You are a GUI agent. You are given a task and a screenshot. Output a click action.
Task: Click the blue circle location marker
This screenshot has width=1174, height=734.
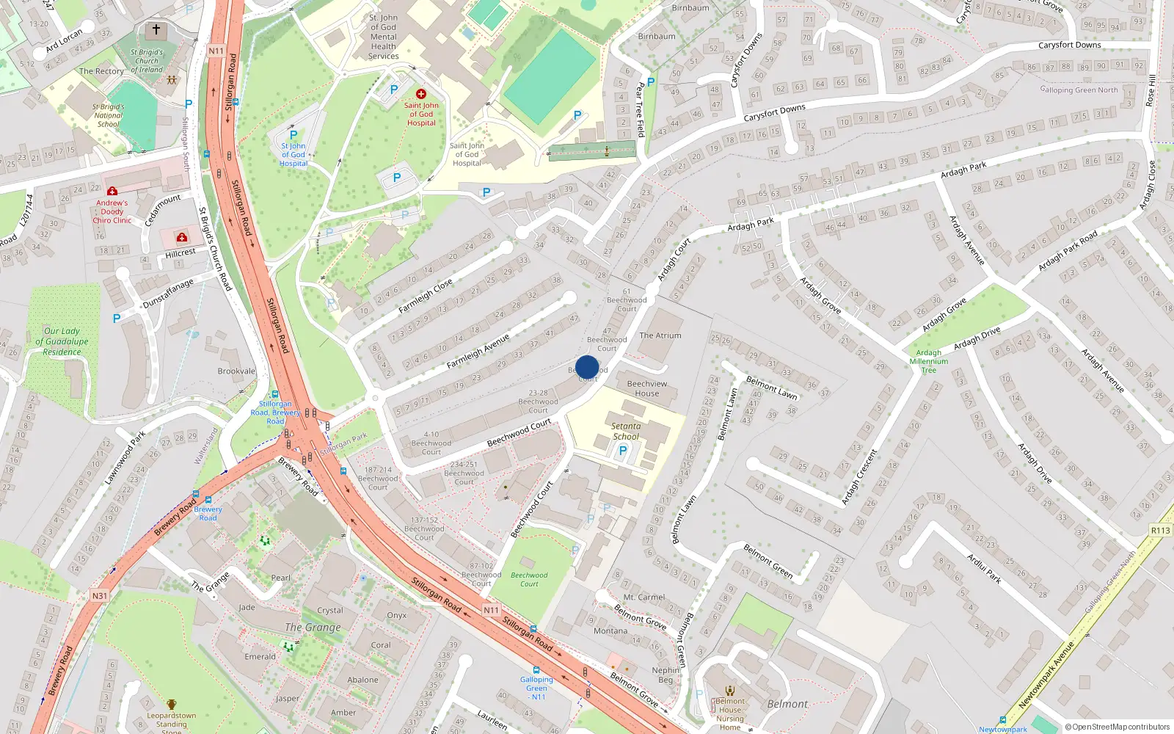pos(587,367)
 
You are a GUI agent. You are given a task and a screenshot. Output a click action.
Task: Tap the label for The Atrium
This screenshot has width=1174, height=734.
pos(660,335)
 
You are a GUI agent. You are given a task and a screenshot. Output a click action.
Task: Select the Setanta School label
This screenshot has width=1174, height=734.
pos(626,431)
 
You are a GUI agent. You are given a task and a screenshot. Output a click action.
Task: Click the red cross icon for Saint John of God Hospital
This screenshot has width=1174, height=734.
pos(421,94)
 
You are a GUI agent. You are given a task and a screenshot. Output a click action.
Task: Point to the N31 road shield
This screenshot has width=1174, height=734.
pos(100,596)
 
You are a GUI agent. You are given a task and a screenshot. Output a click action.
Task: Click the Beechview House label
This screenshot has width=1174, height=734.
pos(647,388)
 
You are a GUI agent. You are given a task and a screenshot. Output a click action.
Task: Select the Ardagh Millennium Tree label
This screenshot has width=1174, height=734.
pos(929,361)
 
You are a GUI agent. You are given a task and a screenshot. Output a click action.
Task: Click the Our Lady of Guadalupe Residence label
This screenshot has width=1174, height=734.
pos(62,341)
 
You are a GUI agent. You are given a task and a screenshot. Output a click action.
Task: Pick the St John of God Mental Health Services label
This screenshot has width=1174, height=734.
pos(384,37)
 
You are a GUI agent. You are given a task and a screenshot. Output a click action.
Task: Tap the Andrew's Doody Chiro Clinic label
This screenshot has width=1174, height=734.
pos(112,211)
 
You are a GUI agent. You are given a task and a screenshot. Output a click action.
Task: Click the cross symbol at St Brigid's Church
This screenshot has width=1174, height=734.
pos(156,30)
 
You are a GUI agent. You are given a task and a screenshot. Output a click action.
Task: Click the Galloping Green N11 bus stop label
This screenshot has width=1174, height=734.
pos(537,688)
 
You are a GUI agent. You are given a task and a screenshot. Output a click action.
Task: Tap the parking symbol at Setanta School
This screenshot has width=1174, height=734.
pos(622,451)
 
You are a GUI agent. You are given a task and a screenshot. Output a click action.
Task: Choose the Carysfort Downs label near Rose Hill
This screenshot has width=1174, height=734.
pos(1069,45)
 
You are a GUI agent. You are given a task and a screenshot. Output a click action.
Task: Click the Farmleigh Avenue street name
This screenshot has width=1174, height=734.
pos(478,352)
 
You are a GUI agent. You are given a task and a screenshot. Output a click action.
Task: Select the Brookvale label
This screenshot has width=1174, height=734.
pos(236,371)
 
